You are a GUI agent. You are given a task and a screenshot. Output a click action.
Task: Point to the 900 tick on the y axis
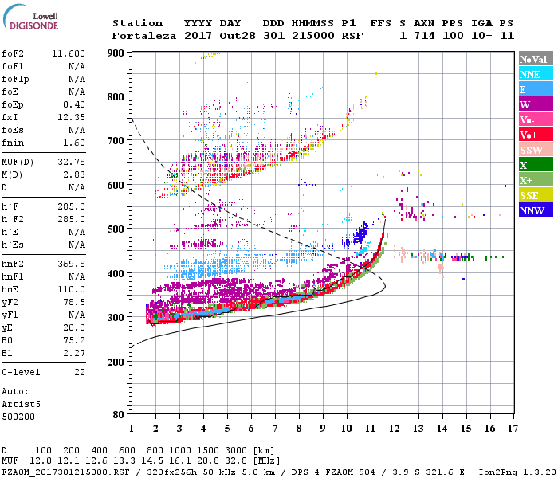pyautogui.click(x=116, y=53)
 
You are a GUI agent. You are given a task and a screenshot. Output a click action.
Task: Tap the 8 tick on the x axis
pyautogui.click(x=299, y=429)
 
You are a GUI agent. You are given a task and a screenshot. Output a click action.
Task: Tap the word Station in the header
pyautogui.click(x=137, y=23)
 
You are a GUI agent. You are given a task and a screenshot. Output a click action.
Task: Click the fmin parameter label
pyautogui.click(x=15, y=143)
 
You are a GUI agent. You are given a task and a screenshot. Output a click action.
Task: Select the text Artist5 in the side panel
pyautogui.click(x=22, y=404)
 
